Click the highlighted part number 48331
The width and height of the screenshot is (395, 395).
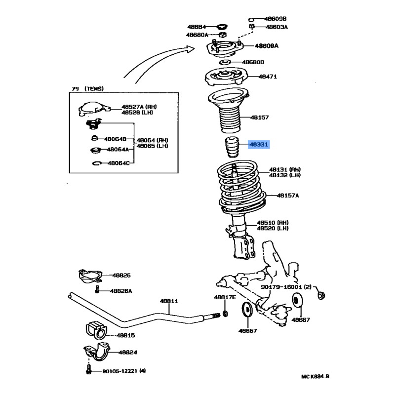point(259,145)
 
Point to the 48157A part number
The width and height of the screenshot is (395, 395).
point(288,196)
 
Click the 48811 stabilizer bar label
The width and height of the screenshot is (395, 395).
point(168,301)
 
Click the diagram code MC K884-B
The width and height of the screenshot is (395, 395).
point(315,377)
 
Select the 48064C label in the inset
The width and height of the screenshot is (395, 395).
point(118,163)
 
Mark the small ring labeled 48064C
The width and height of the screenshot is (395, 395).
point(97,163)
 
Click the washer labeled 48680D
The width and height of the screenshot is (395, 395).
point(225,63)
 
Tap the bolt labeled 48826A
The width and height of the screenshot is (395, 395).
point(98,291)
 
